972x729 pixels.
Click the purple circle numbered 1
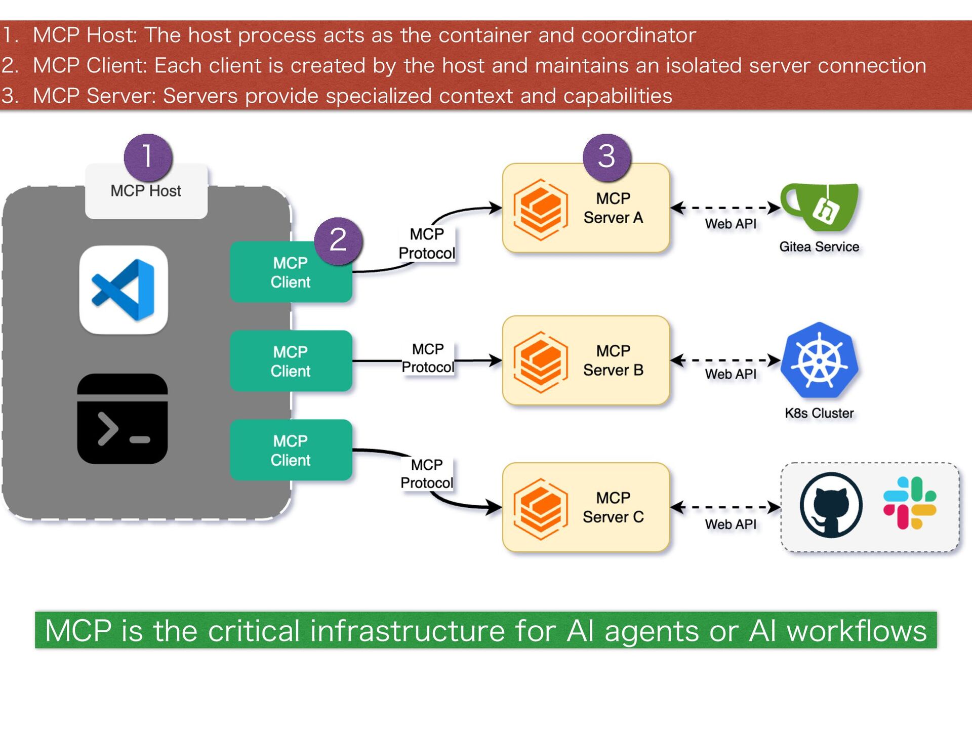148,157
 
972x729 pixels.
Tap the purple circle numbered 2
338,241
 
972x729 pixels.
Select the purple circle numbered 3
607,157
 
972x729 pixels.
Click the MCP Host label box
146,191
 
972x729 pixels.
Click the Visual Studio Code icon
124,290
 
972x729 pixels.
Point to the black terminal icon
123,419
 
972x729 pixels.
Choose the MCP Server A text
613,208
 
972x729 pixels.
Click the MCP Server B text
613,360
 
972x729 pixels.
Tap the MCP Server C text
613,507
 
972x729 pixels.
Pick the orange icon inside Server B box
540,361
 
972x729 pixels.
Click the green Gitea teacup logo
820,207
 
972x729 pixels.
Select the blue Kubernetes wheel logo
819,360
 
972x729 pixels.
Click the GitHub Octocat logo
831,505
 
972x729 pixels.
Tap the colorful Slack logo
910,503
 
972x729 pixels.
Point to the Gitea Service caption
819,247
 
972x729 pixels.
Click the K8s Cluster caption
819,413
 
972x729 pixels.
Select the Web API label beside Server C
731,524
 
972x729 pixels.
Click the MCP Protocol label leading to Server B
428,358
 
